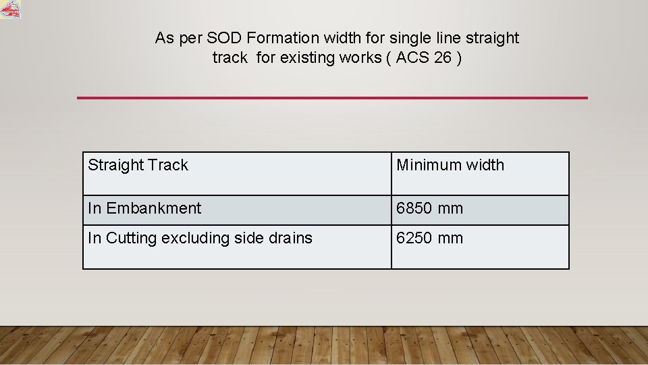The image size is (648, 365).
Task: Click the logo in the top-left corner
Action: (x=10, y=9)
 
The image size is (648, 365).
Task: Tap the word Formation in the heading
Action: (x=279, y=38)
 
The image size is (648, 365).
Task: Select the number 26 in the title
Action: (x=443, y=57)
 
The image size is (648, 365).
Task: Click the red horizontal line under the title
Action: (x=332, y=98)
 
